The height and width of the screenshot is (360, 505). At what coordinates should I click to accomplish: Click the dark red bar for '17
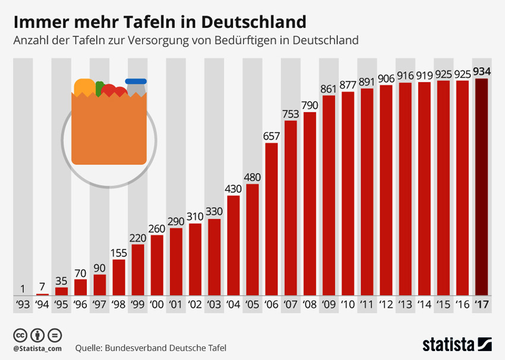[482, 187]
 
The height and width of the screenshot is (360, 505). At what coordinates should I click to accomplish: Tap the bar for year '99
[137, 270]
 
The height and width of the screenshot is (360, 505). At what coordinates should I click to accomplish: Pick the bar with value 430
[233, 245]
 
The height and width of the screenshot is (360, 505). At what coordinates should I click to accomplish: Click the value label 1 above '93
[23, 289]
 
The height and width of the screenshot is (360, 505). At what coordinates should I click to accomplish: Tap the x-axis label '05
[252, 305]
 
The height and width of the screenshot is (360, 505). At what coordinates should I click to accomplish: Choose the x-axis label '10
[348, 305]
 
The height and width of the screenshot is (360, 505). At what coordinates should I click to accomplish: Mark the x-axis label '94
[42, 305]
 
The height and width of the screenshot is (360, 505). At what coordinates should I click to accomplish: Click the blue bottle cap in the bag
[135, 81]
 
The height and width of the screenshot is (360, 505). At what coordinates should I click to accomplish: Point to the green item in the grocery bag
[99, 88]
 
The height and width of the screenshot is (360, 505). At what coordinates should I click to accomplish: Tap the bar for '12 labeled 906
[386, 190]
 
